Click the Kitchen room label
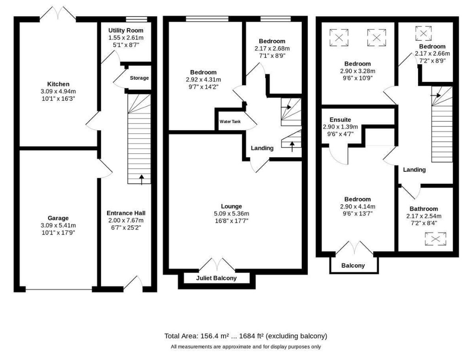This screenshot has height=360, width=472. click(58, 84)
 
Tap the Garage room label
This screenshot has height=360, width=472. click(58, 218)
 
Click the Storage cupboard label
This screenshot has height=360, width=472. click(139, 78)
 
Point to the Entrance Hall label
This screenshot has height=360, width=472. click(126, 213)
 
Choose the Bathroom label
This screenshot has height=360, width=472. click(423, 208)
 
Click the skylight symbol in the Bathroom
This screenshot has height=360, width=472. click(435, 239)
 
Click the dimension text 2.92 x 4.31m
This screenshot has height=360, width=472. click(203, 79)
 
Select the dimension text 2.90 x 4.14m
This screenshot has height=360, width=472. click(358, 207)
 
